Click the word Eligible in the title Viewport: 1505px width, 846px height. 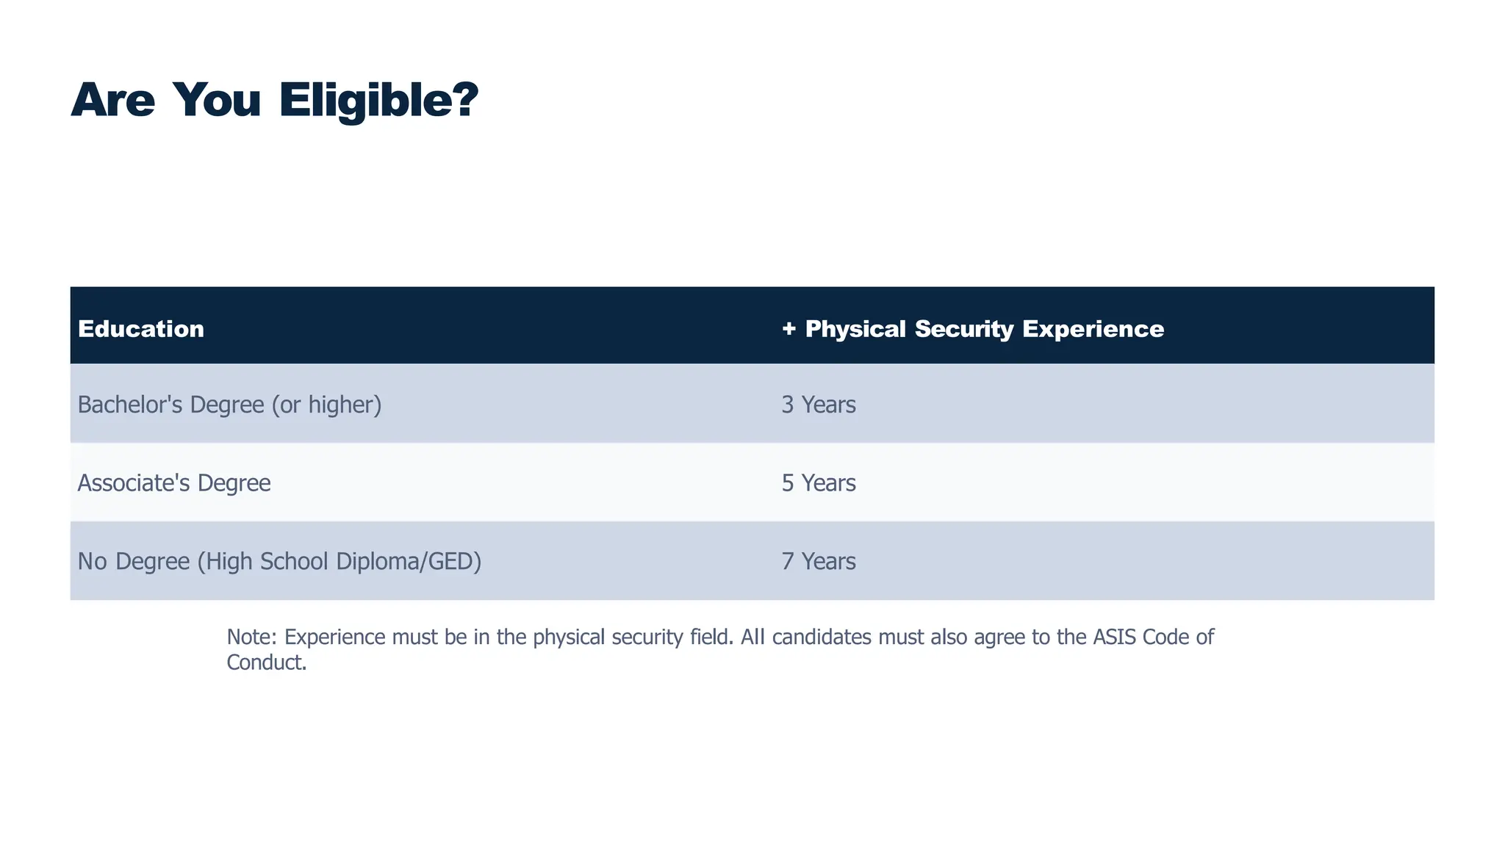[x=378, y=100]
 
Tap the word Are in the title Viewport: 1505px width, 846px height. [x=113, y=100]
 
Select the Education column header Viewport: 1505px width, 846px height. [x=141, y=329]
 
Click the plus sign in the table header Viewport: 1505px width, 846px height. [x=789, y=329]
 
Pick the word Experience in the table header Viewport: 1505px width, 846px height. [x=1093, y=329]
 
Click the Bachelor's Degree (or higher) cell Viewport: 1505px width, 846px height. [x=229, y=405]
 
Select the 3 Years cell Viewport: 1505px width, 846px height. [x=819, y=405]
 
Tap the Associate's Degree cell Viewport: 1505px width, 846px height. [x=174, y=483]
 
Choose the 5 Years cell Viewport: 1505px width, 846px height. [x=819, y=483]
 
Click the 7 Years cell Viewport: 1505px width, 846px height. [x=819, y=562]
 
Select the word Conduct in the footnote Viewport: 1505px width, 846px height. [x=265, y=662]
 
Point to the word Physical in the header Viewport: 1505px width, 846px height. [x=855, y=329]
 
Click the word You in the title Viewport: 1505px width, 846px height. [x=217, y=100]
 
